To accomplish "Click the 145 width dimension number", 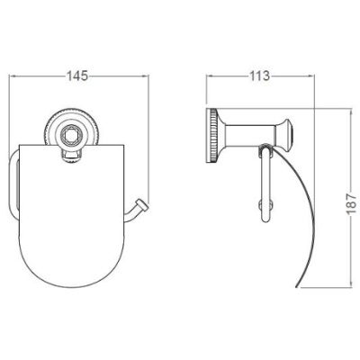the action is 77,76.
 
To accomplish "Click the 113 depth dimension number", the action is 259,76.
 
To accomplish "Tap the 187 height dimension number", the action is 352,204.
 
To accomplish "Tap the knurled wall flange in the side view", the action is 211,135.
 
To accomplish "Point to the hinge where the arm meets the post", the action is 265,148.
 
